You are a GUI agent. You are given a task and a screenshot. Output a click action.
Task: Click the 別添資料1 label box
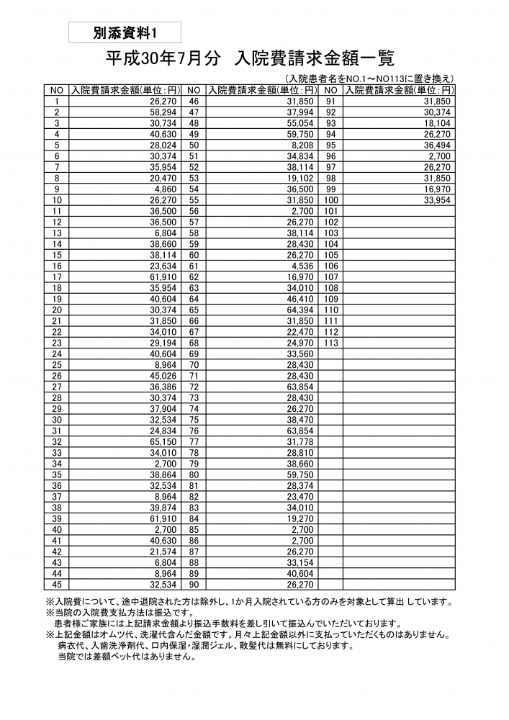coord(125,32)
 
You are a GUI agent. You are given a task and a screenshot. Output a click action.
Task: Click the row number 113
coord(331,343)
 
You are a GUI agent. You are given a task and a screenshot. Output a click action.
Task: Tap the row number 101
coord(331,211)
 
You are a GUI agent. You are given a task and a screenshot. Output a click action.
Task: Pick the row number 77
coord(194,441)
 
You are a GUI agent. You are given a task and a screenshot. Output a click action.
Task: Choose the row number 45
coord(56,584)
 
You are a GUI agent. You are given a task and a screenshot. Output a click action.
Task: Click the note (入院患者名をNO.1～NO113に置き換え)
coord(369,79)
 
